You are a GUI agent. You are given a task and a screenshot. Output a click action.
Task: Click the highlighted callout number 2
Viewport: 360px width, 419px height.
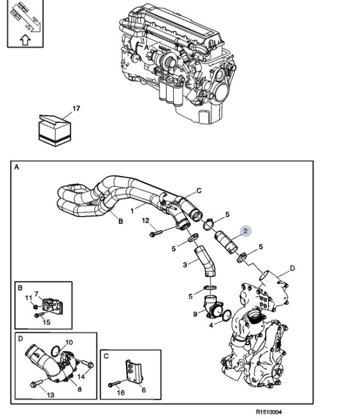click(245, 230)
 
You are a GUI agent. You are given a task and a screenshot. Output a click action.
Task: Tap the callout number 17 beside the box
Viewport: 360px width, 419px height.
click(76, 109)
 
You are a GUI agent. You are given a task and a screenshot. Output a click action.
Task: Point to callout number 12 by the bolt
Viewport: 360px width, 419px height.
click(146, 220)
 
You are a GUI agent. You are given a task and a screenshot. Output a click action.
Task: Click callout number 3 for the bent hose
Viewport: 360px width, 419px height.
click(185, 265)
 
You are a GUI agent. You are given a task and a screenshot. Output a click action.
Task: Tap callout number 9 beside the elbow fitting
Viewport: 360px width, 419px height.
click(195, 314)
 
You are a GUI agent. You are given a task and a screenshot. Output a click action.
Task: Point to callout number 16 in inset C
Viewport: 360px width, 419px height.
click(122, 393)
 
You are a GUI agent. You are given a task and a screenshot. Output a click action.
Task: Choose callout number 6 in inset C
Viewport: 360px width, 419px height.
click(144, 390)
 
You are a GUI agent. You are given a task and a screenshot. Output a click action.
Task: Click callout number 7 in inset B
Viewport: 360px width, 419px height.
click(37, 295)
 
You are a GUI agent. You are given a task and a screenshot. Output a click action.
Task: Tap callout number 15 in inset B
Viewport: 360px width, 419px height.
click(47, 322)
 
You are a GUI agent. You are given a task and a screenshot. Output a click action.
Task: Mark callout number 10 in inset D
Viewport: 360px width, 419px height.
click(69, 342)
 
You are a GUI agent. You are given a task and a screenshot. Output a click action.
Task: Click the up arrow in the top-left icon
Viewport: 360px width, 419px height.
click(24, 39)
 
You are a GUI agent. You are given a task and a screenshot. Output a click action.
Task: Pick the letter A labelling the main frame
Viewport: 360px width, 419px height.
click(16, 167)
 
